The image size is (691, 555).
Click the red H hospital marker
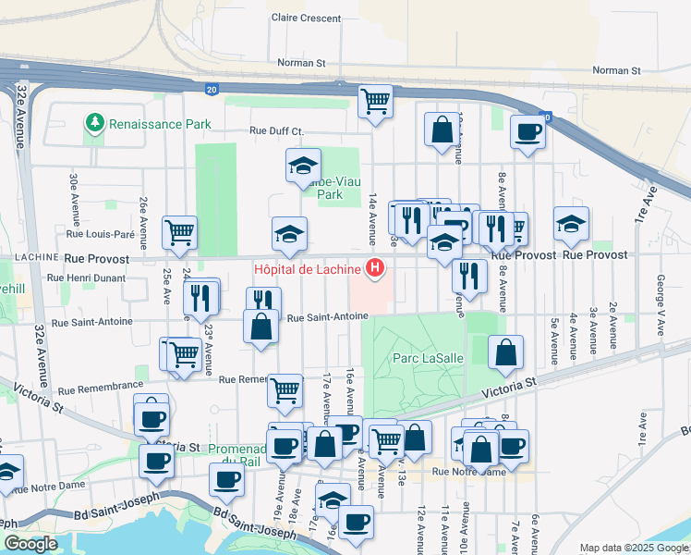(x=375, y=269)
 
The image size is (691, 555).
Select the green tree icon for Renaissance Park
(x=94, y=123)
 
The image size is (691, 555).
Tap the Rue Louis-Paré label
(x=101, y=234)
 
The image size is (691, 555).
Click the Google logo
(x=30, y=544)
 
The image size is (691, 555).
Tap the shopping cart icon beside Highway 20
(x=375, y=102)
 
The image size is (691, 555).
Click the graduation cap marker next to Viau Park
(x=302, y=166)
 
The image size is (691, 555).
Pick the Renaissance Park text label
(x=160, y=124)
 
